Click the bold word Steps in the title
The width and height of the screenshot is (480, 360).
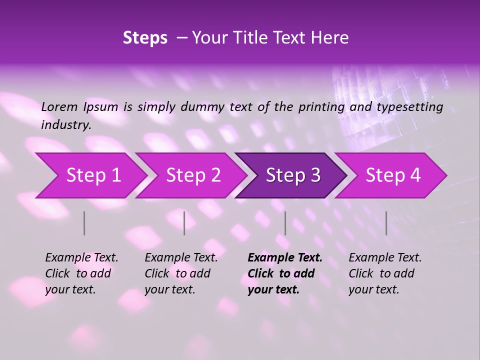click(145, 37)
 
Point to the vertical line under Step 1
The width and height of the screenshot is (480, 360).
click(84, 223)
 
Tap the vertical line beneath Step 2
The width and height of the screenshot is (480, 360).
click(184, 223)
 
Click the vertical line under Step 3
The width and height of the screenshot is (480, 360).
click(285, 223)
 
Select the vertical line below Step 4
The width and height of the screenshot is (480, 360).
click(386, 223)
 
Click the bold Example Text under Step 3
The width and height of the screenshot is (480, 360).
click(285, 258)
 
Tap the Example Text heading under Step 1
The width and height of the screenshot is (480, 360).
click(81, 258)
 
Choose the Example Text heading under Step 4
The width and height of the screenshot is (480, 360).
click(385, 258)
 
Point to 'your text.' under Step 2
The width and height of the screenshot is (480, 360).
click(169, 289)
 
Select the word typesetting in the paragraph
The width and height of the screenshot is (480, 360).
click(409, 107)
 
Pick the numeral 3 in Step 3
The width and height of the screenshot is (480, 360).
click(314, 175)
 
